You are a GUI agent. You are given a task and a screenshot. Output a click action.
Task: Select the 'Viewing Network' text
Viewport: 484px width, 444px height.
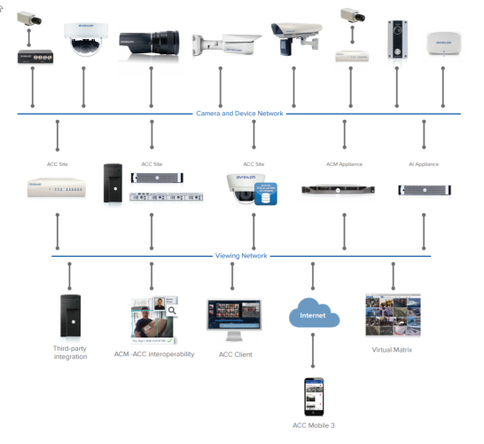pyautogui.click(x=242, y=256)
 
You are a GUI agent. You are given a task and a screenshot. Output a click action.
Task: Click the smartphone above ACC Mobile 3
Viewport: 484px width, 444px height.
pyautogui.click(x=314, y=396)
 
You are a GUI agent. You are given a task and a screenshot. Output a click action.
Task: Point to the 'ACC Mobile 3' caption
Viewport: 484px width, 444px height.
pyautogui.click(x=314, y=426)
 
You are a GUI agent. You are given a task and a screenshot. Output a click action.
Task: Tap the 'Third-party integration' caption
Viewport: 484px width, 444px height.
pyautogui.click(x=70, y=353)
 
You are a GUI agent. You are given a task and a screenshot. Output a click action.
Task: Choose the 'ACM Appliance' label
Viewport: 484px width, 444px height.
pyautogui.click(x=344, y=164)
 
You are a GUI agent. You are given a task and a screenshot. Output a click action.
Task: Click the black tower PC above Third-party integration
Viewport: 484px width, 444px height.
pyautogui.click(x=71, y=315)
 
